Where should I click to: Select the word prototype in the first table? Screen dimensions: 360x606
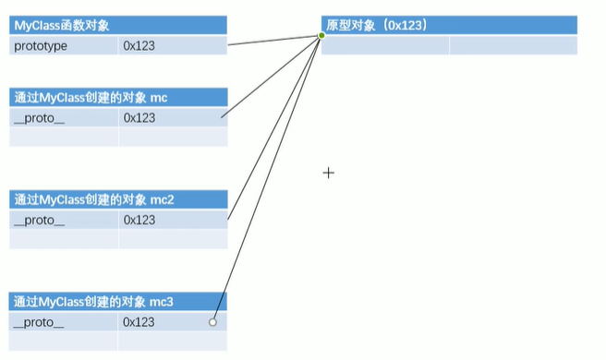click(x=41, y=45)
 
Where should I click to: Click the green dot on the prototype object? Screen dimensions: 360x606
click(x=321, y=36)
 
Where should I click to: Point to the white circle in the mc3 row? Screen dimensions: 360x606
click(x=212, y=322)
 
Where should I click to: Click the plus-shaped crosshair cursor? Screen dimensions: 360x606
click(x=328, y=173)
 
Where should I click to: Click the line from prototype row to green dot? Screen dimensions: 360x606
click(x=274, y=41)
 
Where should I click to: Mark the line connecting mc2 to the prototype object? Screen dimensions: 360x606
click(x=274, y=127)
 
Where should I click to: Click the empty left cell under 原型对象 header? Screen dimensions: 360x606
click(x=385, y=45)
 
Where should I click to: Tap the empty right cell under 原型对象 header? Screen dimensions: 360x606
click(x=513, y=45)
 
